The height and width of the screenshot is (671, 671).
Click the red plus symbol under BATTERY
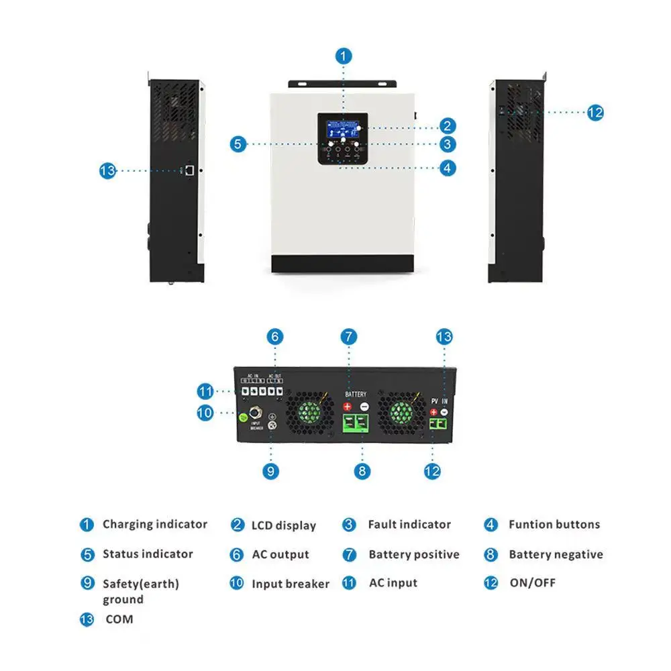coord(348,407)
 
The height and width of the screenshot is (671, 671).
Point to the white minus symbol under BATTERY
coord(364,407)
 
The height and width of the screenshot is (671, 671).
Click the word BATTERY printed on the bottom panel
coord(356,395)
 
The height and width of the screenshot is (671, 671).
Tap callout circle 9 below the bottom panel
coord(271,471)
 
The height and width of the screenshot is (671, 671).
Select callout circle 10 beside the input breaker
coord(205,413)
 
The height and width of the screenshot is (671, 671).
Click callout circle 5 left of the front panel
coord(238,144)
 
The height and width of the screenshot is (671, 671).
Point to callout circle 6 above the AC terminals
coord(274,337)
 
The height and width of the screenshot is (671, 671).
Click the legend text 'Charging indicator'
coord(155,524)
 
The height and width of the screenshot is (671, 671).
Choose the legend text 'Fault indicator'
coord(409,524)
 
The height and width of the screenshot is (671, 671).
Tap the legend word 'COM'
coord(119,619)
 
